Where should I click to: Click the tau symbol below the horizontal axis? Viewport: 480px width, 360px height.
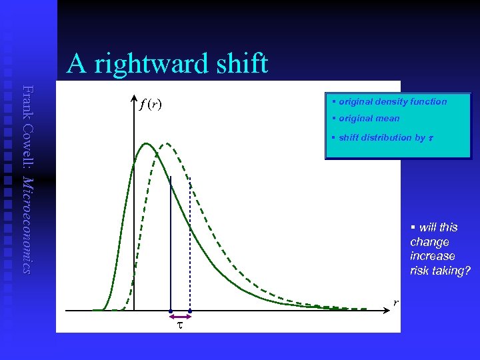pos(179,325)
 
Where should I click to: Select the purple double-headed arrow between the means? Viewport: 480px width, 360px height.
pos(180,311)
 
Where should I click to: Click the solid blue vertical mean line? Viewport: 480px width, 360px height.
pos(171,240)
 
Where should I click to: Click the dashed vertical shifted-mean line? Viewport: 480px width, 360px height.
pos(190,247)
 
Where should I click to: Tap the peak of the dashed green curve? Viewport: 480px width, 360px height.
pos(165,143)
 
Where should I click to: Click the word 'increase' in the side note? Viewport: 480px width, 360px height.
pos(433,256)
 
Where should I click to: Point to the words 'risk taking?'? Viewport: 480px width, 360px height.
pos(440,271)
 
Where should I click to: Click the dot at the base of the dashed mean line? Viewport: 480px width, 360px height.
pos(190,311)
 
